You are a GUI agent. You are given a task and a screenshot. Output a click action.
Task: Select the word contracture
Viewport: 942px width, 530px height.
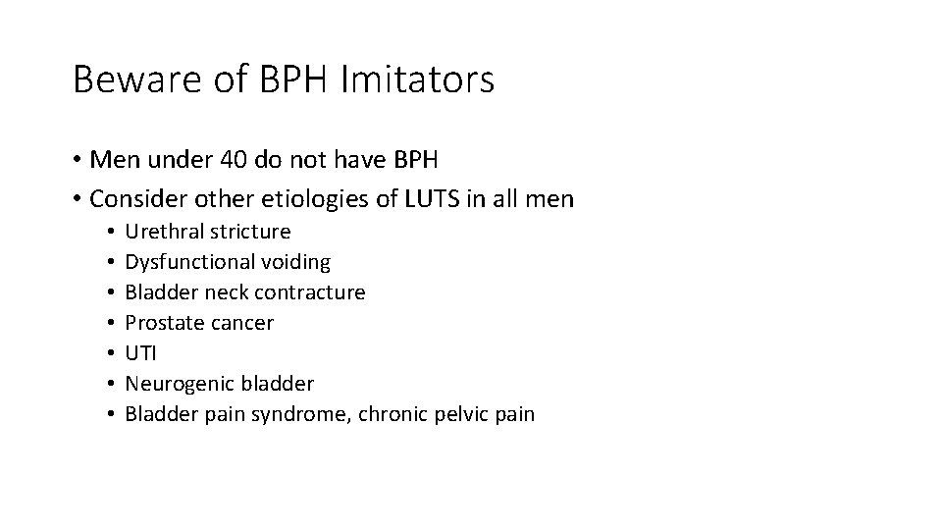(x=311, y=292)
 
